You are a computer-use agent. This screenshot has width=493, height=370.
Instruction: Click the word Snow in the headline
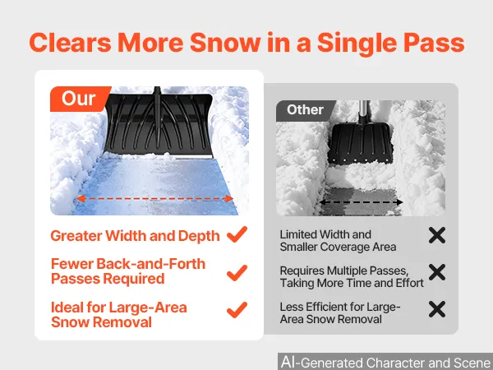pos(225,43)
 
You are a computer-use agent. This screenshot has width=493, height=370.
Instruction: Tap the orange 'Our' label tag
pos(80,99)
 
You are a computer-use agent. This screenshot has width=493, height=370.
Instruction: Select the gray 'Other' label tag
pos(305,110)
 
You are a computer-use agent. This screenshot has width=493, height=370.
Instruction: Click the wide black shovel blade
pos(158,125)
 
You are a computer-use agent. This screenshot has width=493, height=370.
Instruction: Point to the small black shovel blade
pos(360,143)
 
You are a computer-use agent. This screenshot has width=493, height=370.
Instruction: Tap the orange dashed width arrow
pos(155,198)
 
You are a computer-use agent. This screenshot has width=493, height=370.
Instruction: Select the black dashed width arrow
pos(361,202)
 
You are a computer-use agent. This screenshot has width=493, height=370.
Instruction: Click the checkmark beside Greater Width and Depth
pos(237,234)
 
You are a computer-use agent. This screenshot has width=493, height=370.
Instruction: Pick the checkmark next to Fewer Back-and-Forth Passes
pos(237,273)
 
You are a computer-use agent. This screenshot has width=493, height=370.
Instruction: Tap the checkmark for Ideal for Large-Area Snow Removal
pos(237,310)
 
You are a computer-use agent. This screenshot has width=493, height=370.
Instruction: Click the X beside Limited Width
pos(437,235)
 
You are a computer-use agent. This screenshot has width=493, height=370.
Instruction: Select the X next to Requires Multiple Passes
pos(437,272)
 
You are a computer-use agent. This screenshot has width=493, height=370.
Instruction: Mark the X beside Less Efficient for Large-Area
pos(437,309)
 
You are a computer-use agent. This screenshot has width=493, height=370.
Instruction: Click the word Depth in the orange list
pos(199,236)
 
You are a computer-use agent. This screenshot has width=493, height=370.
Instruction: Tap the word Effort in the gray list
pos(410,283)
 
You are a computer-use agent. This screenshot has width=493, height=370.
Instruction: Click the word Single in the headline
pos(357,44)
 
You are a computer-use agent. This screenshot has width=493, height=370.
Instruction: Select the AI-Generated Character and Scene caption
pos(386,363)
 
